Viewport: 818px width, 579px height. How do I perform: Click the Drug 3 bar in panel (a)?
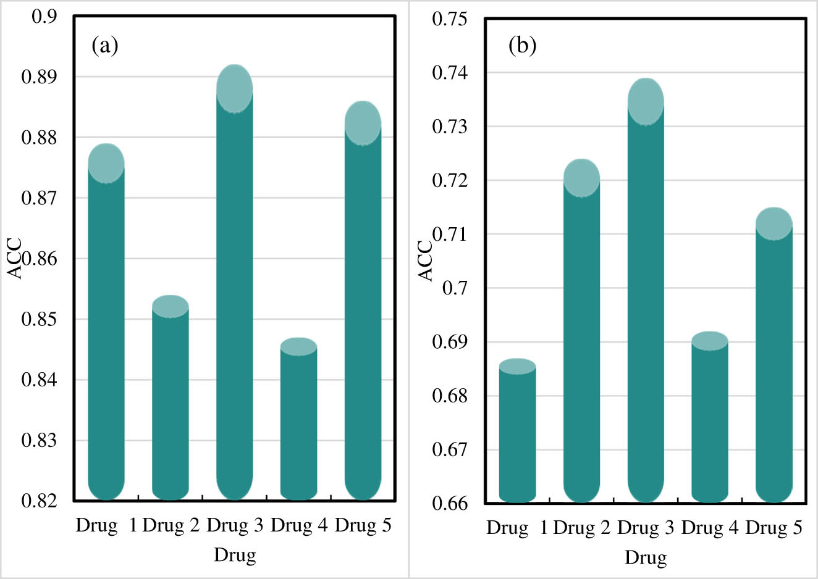pos(234,296)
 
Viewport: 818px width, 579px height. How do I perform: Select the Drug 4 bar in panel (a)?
pos(298,426)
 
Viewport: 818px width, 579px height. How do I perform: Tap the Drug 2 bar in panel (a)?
pos(170,407)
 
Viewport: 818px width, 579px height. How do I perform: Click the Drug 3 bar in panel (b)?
pos(646,302)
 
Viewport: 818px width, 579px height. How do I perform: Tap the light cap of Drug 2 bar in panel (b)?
pos(581,178)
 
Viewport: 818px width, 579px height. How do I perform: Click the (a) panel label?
pos(104,45)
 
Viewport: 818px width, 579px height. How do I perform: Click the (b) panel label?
pos(522,45)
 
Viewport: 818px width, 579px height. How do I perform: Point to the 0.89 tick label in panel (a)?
pos(39,77)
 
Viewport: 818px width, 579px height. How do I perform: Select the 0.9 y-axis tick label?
pos(44,17)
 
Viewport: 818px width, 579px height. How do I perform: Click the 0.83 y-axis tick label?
pos(39,440)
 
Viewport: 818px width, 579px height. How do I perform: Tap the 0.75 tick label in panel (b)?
pos(450,19)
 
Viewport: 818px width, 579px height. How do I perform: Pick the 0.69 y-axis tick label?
pos(450,342)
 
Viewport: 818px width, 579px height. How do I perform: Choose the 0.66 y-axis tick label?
pos(450,503)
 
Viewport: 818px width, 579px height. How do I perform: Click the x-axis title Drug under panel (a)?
pos(235,554)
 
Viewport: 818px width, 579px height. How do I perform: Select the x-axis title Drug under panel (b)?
pos(646,557)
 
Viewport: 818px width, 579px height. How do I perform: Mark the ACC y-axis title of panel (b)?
pos(426,260)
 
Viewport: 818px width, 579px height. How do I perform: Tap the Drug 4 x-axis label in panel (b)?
pos(709,528)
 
